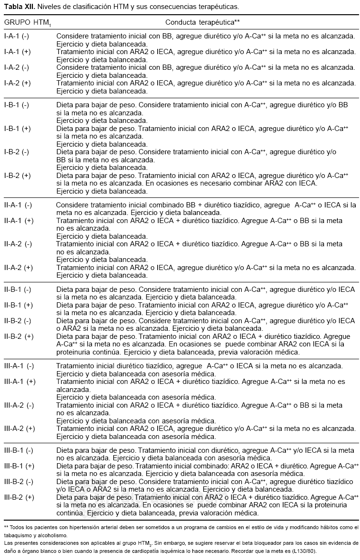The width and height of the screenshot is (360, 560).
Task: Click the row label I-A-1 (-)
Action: (17, 36)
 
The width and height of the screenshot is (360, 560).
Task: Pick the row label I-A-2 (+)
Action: (18, 83)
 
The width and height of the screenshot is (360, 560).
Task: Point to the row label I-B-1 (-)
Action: (17, 105)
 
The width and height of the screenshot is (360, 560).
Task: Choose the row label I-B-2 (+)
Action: (18, 176)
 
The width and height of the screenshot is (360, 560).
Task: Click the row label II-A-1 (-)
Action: (19, 205)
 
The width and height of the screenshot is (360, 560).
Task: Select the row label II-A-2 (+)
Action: (19, 268)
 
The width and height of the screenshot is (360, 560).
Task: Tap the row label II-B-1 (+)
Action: (19, 305)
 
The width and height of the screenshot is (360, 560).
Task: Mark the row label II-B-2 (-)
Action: (19, 321)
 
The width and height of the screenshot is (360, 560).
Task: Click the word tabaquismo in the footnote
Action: (16, 535)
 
